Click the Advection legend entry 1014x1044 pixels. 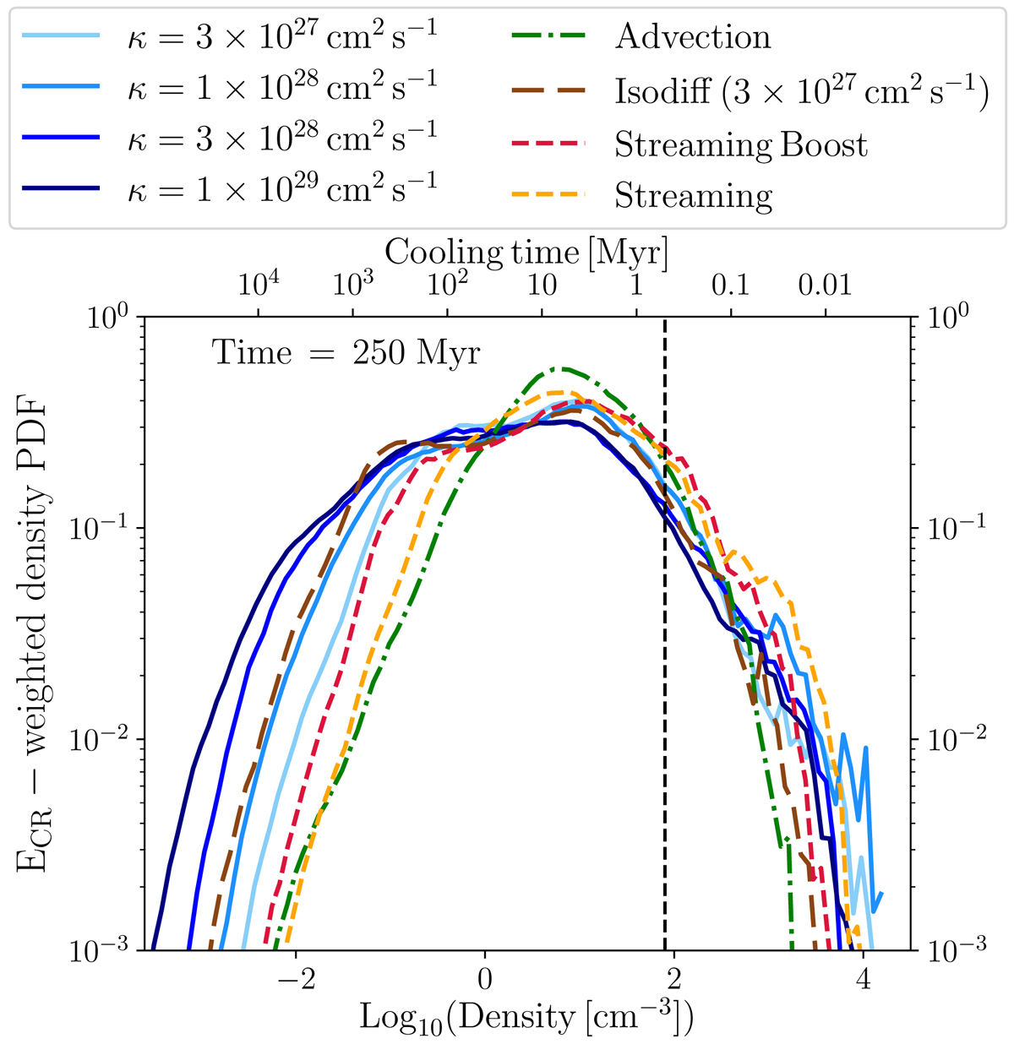(x=693, y=36)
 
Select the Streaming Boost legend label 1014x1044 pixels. (x=740, y=144)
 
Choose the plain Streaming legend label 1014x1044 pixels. (x=693, y=196)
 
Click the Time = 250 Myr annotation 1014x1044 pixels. (x=346, y=351)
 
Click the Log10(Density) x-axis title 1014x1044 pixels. (x=526, y=1017)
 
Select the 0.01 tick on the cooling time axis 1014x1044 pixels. (x=825, y=285)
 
